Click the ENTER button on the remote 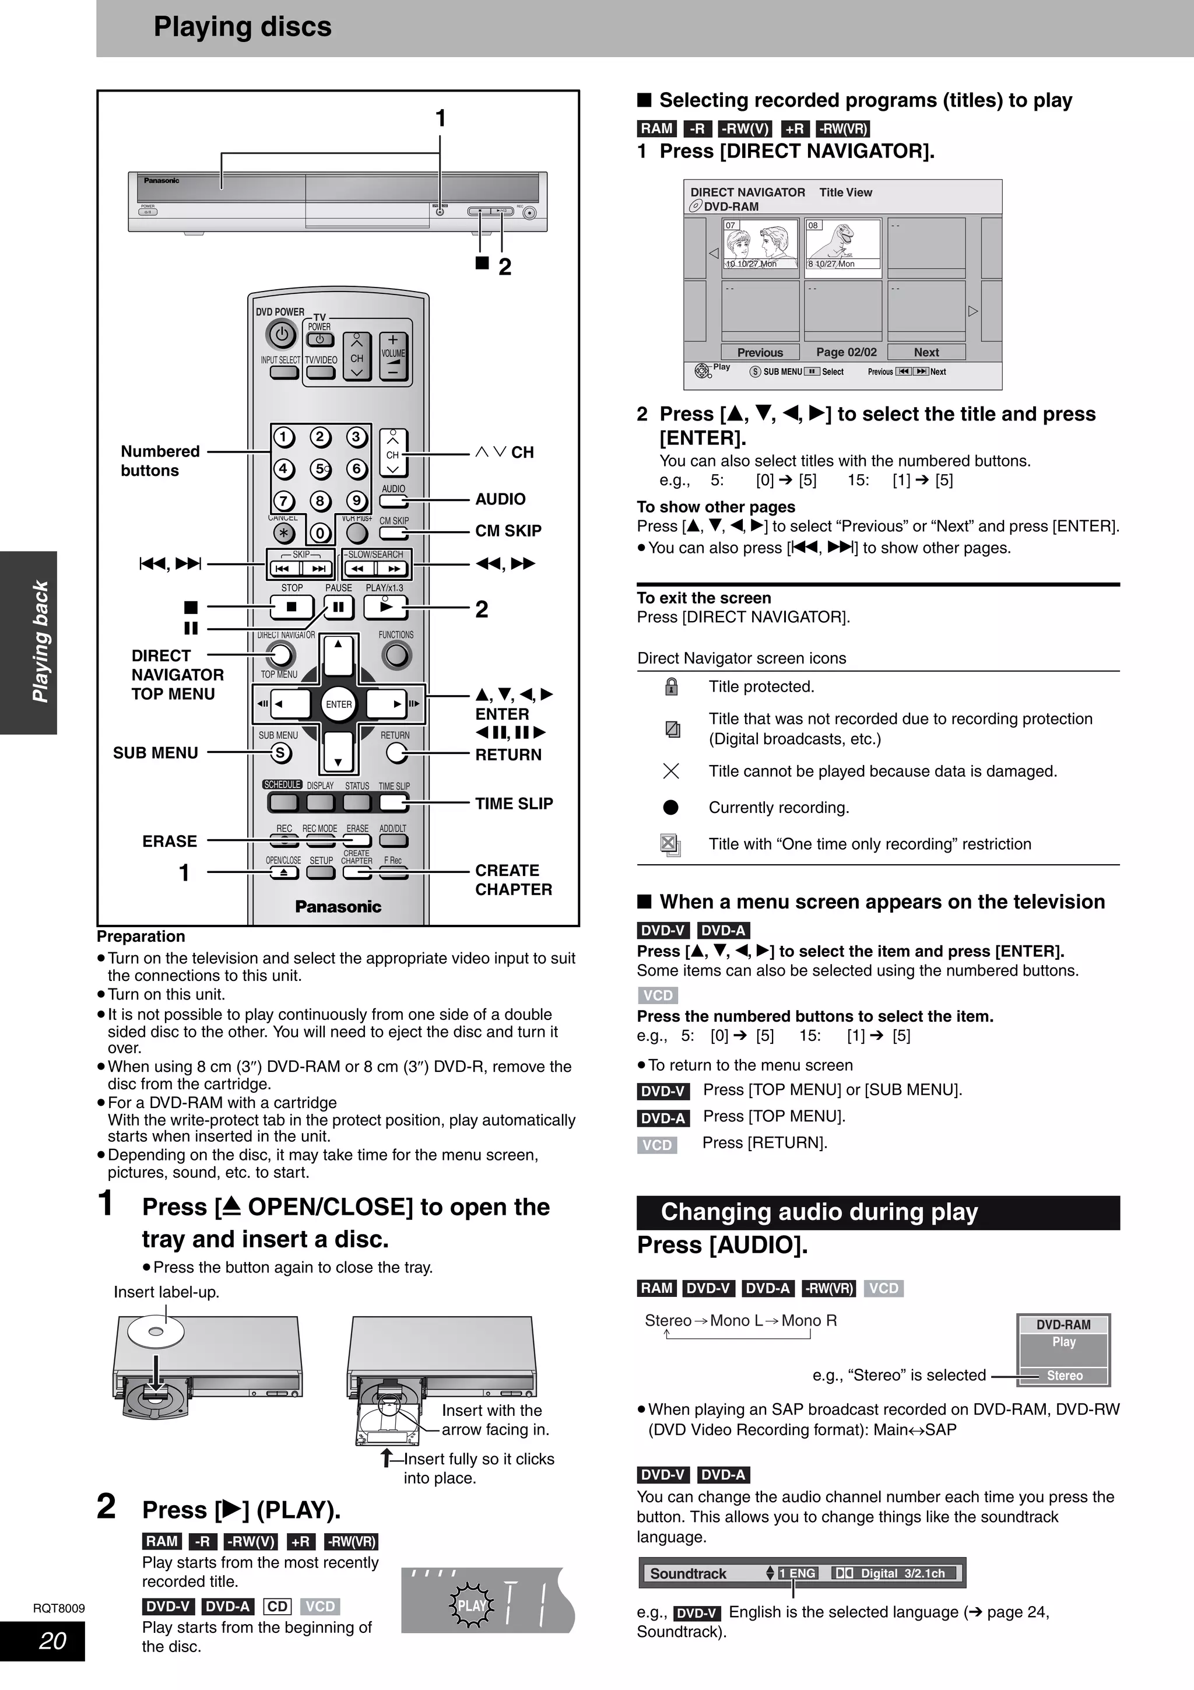[338, 704]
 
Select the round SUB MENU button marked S [280, 753]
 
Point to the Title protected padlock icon [671, 687]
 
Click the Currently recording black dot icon [671, 808]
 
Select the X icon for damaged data [671, 771]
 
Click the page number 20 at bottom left [52, 1640]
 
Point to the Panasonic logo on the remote [338, 907]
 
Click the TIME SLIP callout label [514, 804]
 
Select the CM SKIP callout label [508, 531]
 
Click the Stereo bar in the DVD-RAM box [1064, 1375]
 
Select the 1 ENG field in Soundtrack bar [798, 1573]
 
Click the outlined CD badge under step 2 [278, 1606]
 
